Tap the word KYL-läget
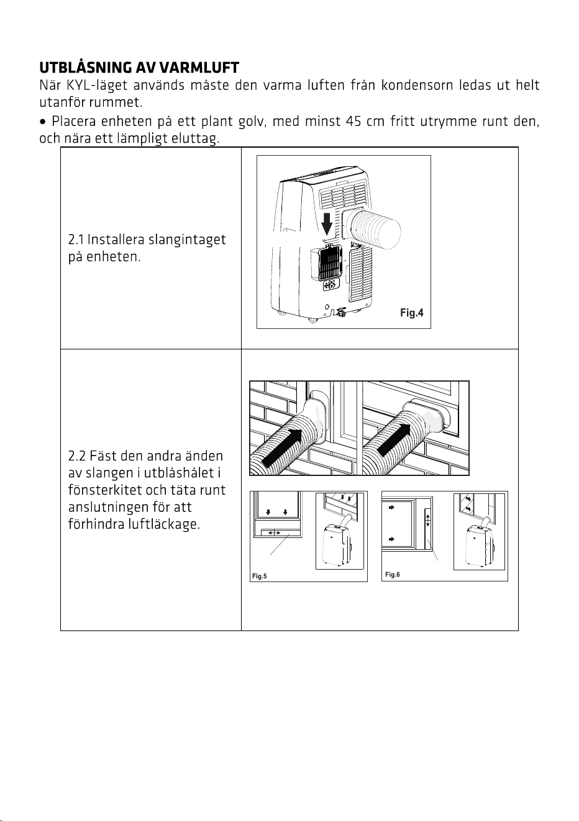click(97, 86)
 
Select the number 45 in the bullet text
click(353, 121)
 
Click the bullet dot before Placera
click(43, 122)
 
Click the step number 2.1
click(76, 240)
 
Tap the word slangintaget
click(187, 240)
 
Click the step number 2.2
click(76, 456)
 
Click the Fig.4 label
click(412, 313)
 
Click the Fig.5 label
click(260, 576)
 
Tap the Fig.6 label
click(392, 575)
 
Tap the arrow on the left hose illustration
click(283, 449)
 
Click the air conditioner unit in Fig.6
click(479, 545)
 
